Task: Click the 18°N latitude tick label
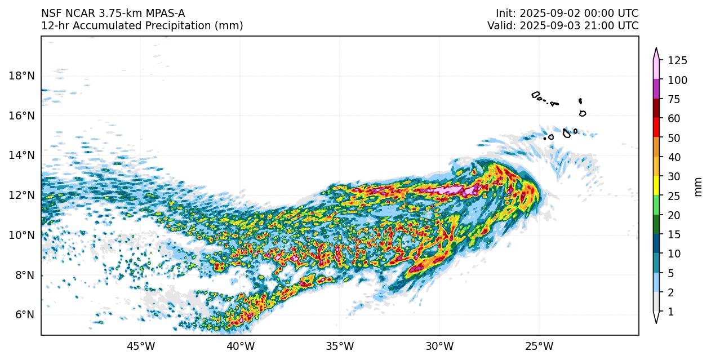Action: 21,75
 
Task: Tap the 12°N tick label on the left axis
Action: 21,195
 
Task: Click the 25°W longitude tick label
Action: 539,345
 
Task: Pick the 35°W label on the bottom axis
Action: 340,345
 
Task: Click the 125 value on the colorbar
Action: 677,61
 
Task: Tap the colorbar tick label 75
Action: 674,100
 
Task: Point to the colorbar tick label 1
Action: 671,312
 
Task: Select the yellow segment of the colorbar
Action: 656,186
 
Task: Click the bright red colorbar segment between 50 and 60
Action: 656,128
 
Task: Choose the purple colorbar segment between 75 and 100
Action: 656,90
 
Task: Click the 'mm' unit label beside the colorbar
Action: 699,186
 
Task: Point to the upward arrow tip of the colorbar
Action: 656,50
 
